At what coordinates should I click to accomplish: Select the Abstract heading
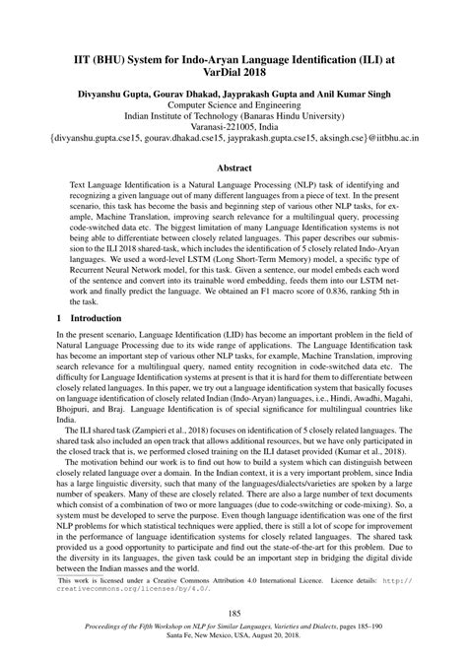(233, 168)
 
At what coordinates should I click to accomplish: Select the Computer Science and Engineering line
(233, 101)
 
